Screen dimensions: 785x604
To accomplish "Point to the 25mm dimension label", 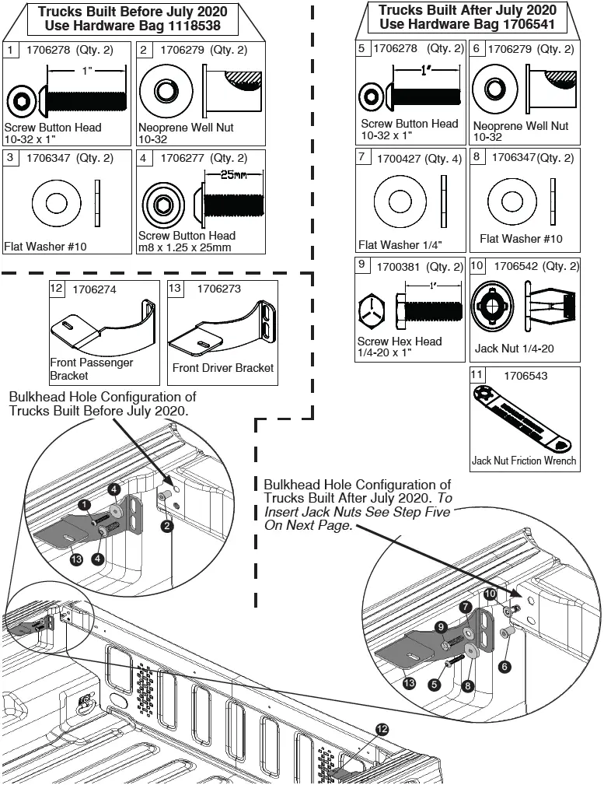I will [228, 175].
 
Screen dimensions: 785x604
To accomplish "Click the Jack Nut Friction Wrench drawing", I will [523, 421].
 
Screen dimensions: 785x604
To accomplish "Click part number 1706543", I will [525, 376].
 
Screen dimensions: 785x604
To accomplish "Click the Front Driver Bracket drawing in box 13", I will [222, 326].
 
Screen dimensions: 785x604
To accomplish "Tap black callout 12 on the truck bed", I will [382, 728].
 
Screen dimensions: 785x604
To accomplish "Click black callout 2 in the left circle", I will [166, 526].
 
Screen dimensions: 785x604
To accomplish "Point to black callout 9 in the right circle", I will [442, 626].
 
